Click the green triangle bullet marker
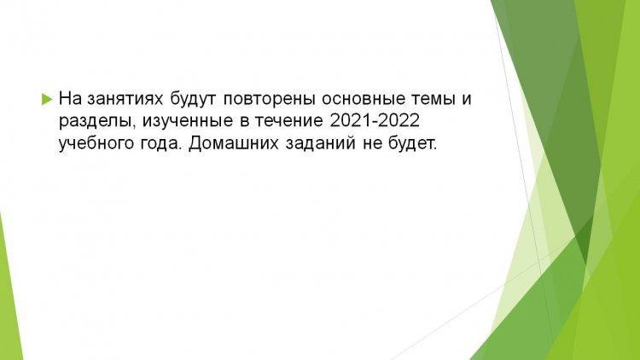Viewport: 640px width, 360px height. pyautogui.click(x=47, y=99)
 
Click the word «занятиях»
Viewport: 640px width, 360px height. pyautogui.click(x=125, y=99)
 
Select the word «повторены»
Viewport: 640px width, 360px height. pyautogui.click(x=270, y=99)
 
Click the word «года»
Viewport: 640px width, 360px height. pyautogui.click(x=160, y=144)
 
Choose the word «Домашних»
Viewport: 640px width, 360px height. pyautogui.click(x=234, y=143)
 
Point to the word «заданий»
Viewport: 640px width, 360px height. pyautogui.click(x=320, y=143)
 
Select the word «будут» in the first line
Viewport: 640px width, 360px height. pyautogui.click(x=194, y=99)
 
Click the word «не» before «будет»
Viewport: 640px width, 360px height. pyautogui.click(x=370, y=144)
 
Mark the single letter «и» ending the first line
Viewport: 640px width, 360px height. pyautogui.click(x=466, y=100)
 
